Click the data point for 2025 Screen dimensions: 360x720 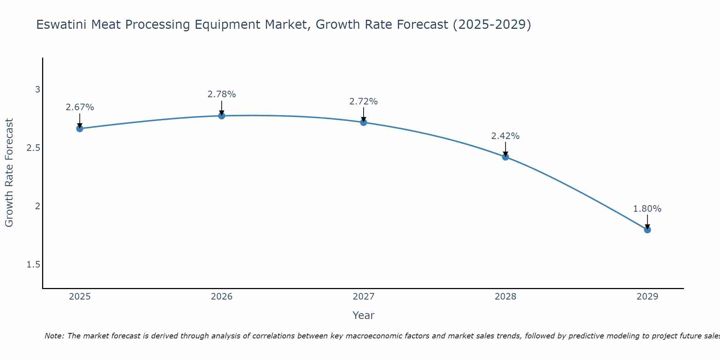click(x=80, y=129)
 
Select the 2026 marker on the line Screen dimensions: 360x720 click(x=222, y=116)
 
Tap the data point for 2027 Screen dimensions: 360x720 click(x=364, y=122)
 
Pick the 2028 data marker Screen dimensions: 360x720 click(x=505, y=157)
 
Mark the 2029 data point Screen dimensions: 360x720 click(x=647, y=230)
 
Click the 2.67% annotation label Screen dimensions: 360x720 click(x=80, y=107)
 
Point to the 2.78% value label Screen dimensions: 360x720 click(x=222, y=94)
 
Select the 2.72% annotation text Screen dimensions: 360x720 click(x=364, y=102)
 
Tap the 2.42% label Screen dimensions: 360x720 click(x=505, y=136)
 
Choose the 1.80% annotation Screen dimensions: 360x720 click(x=647, y=209)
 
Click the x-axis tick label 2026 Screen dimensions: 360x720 click(x=222, y=297)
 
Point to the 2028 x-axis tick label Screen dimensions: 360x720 click(x=505, y=297)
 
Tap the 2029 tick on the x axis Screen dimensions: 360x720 click(x=647, y=297)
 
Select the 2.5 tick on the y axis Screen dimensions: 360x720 click(x=33, y=148)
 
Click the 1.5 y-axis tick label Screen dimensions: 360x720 click(x=33, y=265)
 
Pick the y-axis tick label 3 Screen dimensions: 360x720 click(x=37, y=90)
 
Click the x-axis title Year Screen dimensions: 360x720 click(x=364, y=315)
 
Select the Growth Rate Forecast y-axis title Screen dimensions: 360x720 click(x=9, y=173)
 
